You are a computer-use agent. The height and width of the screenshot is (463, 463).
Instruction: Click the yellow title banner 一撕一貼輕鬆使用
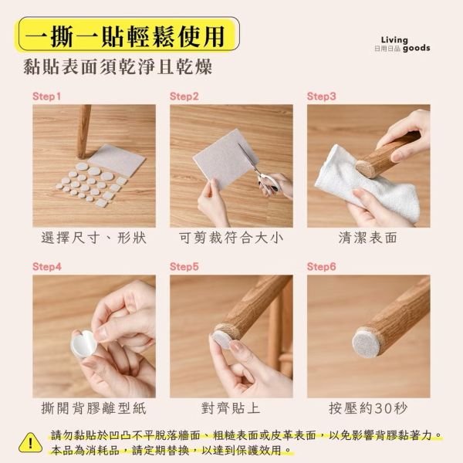[x=127, y=35]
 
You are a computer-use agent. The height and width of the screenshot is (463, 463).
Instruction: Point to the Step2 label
[x=184, y=96]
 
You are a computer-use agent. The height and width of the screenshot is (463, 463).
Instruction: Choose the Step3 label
[x=322, y=96]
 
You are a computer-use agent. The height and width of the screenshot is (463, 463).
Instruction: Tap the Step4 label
[x=47, y=266]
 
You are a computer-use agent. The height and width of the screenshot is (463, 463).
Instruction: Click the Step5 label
[x=184, y=266]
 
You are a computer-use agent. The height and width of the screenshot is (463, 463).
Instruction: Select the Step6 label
[x=322, y=266]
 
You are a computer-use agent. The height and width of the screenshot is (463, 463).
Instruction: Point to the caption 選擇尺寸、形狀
[x=93, y=238]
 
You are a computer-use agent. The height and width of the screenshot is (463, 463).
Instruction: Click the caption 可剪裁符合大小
[x=231, y=238]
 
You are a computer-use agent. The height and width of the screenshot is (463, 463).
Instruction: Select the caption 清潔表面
[x=368, y=238]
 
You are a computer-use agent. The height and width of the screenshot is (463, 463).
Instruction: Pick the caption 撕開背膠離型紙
[x=93, y=407]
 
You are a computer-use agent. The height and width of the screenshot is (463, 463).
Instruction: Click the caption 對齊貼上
[x=231, y=407]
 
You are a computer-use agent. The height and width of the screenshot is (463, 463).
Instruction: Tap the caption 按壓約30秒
[x=368, y=407]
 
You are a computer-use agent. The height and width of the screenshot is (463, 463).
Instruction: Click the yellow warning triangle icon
[x=30, y=442]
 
